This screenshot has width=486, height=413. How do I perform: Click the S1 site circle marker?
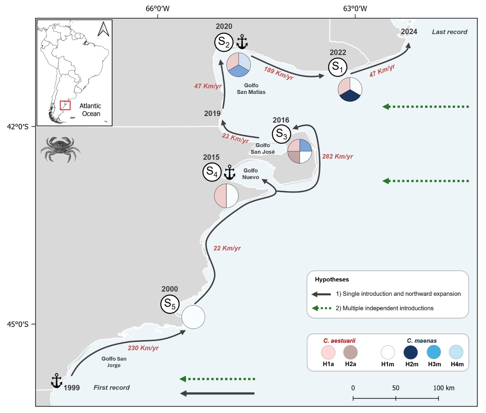pyautogui.click(x=337, y=67)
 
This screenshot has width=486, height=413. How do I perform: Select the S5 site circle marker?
pyautogui.click(x=170, y=304)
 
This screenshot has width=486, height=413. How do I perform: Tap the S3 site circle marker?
pyautogui.click(x=281, y=134)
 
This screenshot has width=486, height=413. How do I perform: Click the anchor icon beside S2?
pyautogui.click(x=242, y=42)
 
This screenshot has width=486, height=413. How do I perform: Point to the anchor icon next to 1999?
pyautogui.click(x=56, y=381)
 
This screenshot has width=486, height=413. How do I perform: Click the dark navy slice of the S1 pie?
pyautogui.click(x=350, y=96)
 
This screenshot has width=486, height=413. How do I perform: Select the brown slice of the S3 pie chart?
pyautogui.click(x=294, y=157)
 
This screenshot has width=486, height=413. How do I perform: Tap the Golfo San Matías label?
pyautogui.click(x=251, y=89)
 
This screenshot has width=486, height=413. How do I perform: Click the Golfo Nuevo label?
pyautogui.click(x=251, y=174)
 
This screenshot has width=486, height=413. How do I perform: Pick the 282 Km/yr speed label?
pyautogui.click(x=337, y=157)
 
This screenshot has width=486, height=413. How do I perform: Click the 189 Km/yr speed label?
pyautogui.click(x=279, y=73)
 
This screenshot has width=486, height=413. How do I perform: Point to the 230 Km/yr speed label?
pyautogui.click(x=143, y=348)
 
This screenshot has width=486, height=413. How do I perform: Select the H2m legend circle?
pyautogui.click(x=411, y=352)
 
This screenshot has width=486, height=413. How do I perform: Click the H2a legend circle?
pyautogui.click(x=351, y=352)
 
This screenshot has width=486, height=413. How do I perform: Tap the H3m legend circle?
pyautogui.click(x=434, y=352)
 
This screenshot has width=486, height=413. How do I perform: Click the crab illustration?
pyautogui.click(x=60, y=149)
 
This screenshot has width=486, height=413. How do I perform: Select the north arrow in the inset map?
pyautogui.click(x=103, y=29)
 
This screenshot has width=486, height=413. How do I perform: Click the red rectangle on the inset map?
pyautogui.click(x=65, y=105)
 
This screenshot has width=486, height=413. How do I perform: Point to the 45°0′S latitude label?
pyautogui.click(x=18, y=324)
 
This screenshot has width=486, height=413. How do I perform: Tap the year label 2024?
pyautogui.click(x=409, y=32)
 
